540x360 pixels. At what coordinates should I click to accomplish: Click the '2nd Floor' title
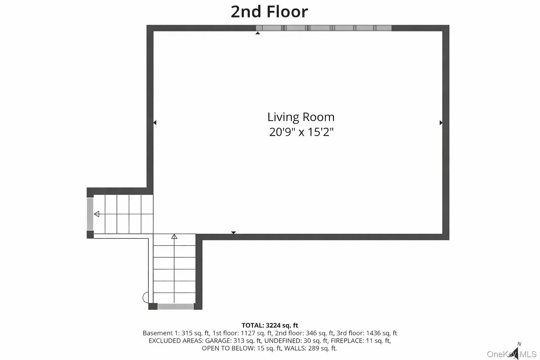(x=269, y=11)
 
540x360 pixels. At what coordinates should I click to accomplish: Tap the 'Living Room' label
(x=301, y=117)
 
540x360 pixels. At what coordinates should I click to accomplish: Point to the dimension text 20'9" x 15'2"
(x=301, y=132)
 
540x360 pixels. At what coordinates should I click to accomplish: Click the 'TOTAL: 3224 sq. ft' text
(x=270, y=325)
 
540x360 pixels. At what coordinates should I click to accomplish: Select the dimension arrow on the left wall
(x=155, y=123)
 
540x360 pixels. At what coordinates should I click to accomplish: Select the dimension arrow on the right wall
(x=441, y=123)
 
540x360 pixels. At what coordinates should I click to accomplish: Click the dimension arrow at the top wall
(x=258, y=33)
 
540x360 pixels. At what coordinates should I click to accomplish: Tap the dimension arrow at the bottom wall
(x=233, y=232)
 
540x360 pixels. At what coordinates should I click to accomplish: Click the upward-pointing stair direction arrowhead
(x=174, y=237)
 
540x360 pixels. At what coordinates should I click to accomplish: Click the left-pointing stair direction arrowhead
(x=97, y=214)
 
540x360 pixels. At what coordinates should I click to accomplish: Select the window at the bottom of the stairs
(x=175, y=307)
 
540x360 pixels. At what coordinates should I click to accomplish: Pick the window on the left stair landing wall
(x=90, y=214)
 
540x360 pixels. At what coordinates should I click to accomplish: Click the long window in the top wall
(x=324, y=28)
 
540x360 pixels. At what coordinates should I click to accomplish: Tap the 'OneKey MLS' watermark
(x=512, y=354)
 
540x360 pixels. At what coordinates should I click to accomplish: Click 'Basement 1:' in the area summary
(x=161, y=333)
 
